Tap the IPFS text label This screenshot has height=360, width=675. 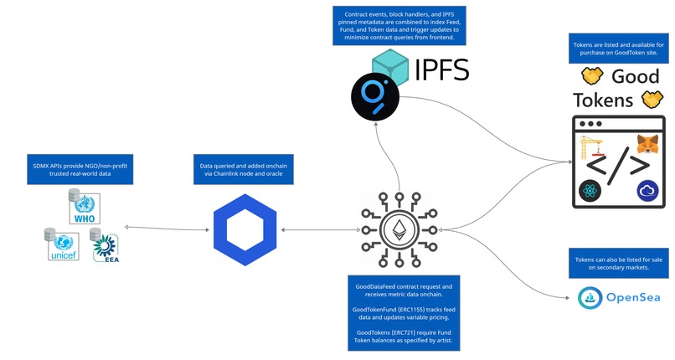(442, 69)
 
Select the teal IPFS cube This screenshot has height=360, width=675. (387, 65)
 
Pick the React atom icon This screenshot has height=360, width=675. (590, 193)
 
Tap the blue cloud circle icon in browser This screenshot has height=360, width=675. (647, 192)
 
